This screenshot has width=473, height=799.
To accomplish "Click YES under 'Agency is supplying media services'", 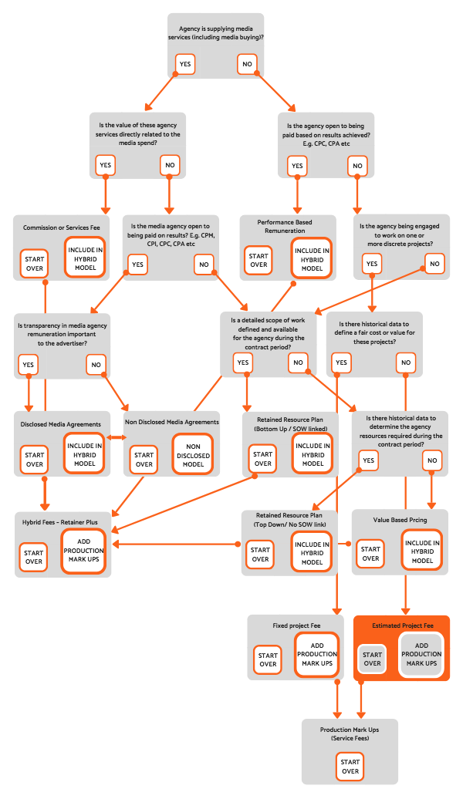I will click(x=185, y=64).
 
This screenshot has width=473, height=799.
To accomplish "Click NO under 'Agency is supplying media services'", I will click(x=247, y=64).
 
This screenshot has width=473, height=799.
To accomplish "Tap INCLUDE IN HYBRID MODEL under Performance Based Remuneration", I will click(x=312, y=256).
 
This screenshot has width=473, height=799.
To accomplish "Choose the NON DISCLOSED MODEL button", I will click(x=193, y=454).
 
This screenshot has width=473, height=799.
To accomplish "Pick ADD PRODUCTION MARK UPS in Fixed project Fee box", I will click(x=317, y=653).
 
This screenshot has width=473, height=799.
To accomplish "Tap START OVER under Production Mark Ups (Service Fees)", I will click(x=350, y=767).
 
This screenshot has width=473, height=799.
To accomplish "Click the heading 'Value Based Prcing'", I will click(x=400, y=520).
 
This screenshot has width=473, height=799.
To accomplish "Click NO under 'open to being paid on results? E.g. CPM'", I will click(x=204, y=264).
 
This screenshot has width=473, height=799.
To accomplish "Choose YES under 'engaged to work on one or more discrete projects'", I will click(x=372, y=264).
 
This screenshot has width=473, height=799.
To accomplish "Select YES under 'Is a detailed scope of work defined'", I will click(x=242, y=362).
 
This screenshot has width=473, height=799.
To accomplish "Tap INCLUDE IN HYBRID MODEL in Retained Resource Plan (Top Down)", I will click(x=312, y=551).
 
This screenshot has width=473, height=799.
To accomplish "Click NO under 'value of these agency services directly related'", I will click(x=170, y=164).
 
